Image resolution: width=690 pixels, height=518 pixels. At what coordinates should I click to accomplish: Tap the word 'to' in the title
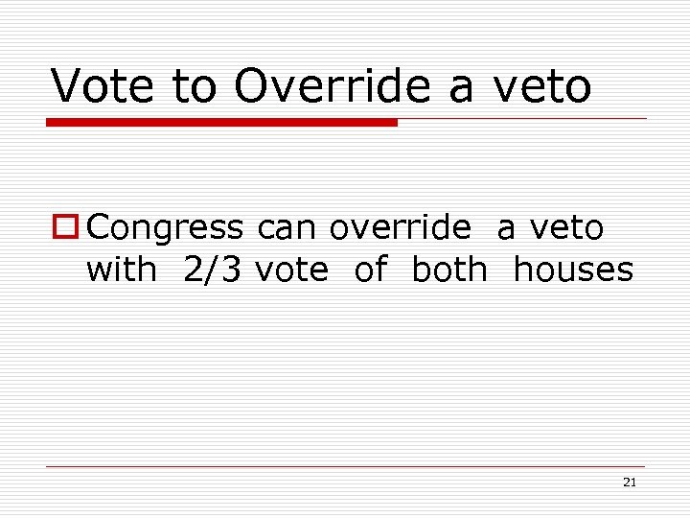(196, 85)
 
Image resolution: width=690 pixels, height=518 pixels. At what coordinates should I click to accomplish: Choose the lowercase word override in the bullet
(401, 228)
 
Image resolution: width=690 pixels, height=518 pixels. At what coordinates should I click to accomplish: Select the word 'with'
(122, 270)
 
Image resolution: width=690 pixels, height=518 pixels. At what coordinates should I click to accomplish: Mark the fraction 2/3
(215, 270)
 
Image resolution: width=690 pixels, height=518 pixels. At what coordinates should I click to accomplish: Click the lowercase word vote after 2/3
(291, 270)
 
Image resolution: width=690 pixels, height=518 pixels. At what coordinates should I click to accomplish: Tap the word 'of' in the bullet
(370, 270)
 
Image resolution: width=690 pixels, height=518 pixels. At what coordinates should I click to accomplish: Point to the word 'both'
(449, 270)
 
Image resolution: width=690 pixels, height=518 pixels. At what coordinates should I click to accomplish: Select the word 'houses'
(573, 270)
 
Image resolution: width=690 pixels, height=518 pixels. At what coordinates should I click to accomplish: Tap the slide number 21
(629, 483)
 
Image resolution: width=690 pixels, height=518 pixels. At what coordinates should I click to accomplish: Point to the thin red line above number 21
(345, 466)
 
